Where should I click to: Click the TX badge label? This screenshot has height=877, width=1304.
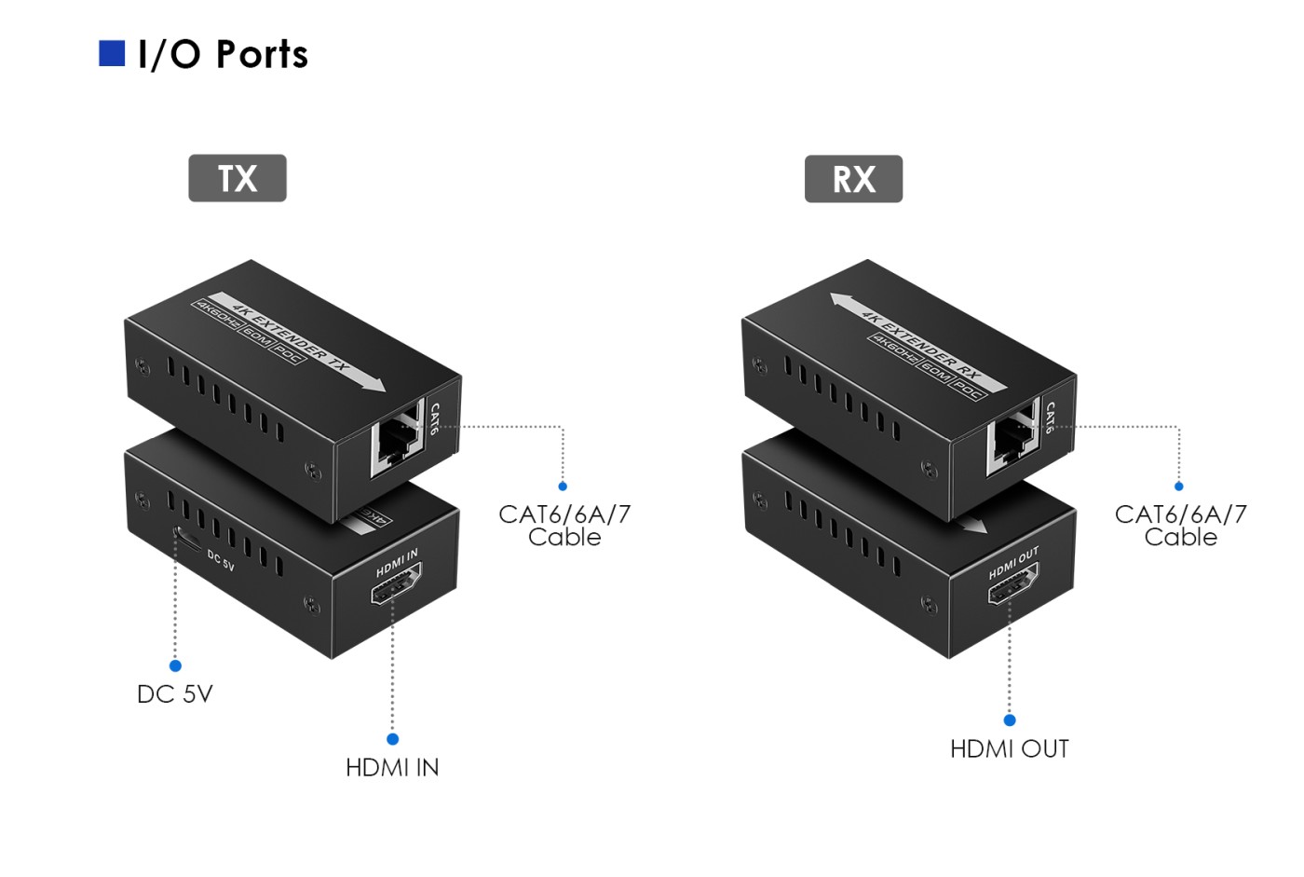coord(238,178)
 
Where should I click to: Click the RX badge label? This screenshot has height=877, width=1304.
coord(853,179)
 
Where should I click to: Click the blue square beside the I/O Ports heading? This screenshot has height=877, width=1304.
coord(112,54)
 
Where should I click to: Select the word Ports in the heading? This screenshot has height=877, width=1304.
coord(262,55)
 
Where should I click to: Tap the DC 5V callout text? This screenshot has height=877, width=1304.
coord(175,694)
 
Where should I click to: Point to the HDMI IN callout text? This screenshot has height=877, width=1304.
coord(392,768)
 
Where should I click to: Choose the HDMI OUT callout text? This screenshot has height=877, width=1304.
coord(1009,749)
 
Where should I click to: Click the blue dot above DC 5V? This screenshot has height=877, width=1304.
coord(175,665)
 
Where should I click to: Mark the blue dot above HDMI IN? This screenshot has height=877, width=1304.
coord(392,739)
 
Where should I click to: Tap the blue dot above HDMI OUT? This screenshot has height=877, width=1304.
coord(1009,720)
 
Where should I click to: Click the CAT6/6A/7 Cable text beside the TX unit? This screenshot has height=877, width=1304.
coord(564,526)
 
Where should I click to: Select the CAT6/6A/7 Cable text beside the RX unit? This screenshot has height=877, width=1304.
coord(1180,526)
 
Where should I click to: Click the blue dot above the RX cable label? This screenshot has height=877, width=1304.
coord(1178,486)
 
